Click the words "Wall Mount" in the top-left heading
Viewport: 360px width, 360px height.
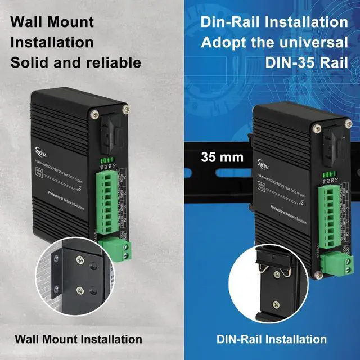(52, 22)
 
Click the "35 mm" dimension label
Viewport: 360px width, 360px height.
(223, 157)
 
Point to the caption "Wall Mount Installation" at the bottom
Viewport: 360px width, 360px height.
(78, 339)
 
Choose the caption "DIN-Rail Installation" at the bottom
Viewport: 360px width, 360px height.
(272, 339)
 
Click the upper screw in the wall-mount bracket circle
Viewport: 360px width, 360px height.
(80, 261)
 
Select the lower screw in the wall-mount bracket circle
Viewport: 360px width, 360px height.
(80, 291)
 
